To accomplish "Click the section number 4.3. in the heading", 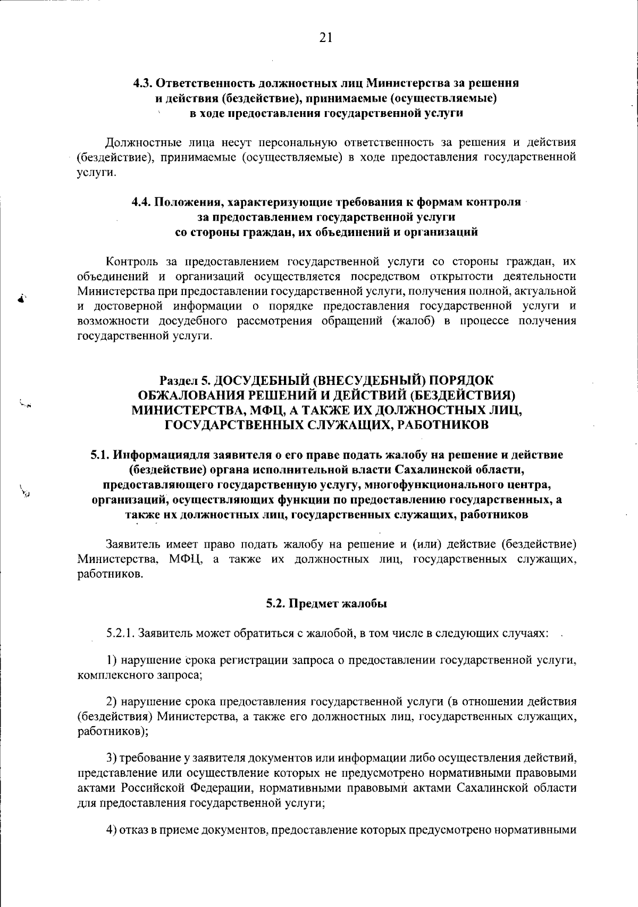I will point(143,83).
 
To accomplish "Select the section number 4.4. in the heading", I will point(142,203).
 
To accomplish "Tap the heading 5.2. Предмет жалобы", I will point(326,604).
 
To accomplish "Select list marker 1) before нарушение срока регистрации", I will point(112,661).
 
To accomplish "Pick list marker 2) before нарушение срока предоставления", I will point(112,702).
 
